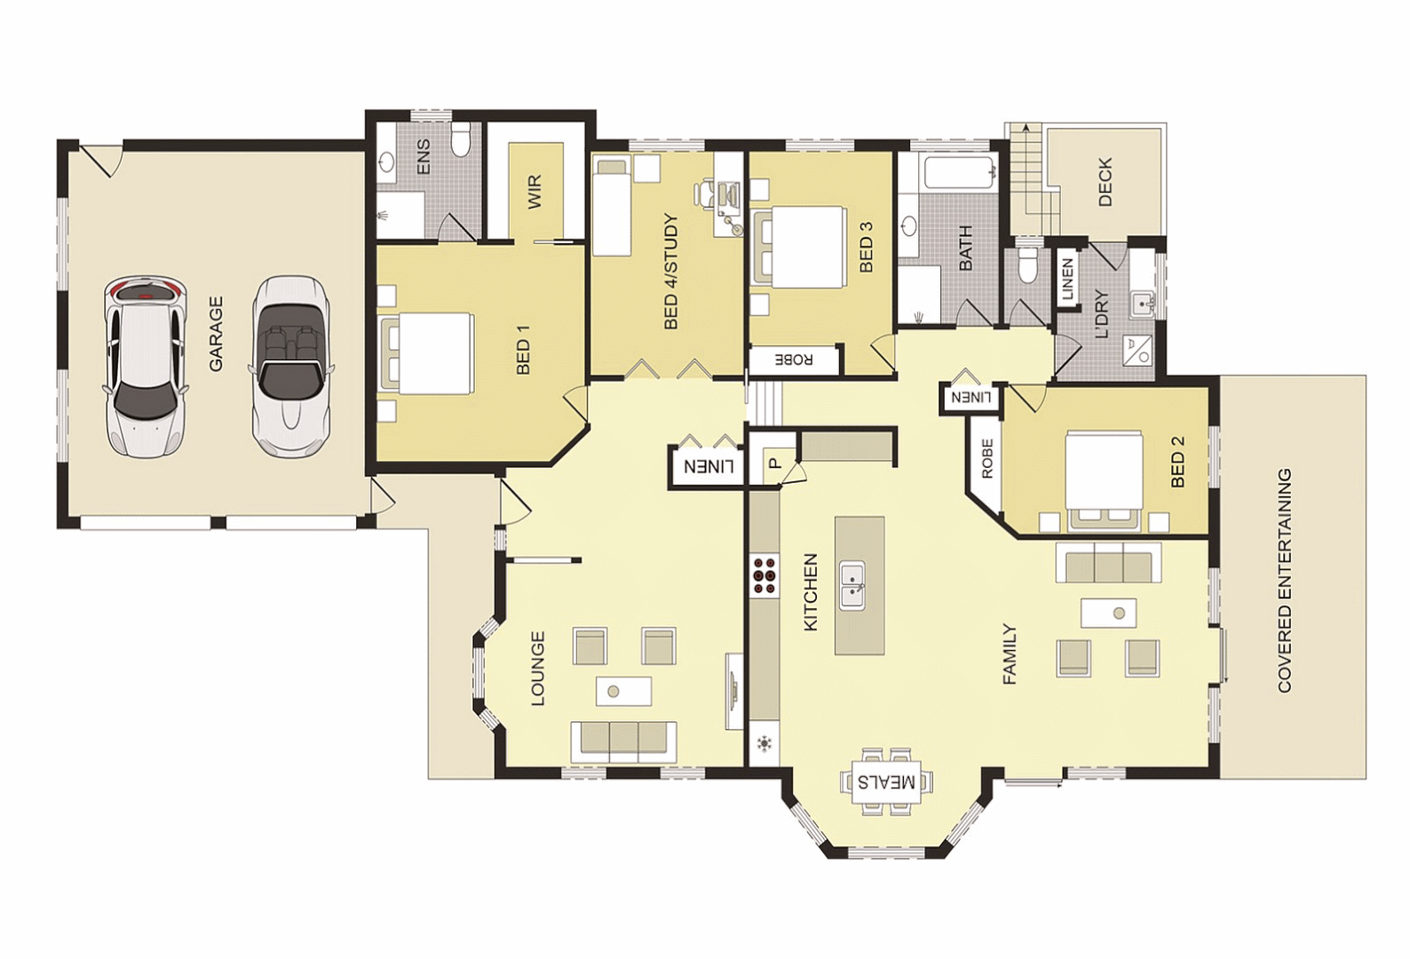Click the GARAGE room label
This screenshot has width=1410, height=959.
point(216,334)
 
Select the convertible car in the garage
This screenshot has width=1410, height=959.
point(289,364)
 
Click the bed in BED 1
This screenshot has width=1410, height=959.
point(426,353)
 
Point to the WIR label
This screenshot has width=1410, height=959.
point(534,192)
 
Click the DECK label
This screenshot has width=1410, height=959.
point(1105,182)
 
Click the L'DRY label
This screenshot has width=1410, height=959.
point(1102,314)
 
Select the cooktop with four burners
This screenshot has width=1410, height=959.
point(764,574)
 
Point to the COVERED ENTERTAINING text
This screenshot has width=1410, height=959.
point(1285,581)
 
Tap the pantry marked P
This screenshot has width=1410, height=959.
point(774,463)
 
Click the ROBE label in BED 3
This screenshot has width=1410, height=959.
point(794,360)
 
